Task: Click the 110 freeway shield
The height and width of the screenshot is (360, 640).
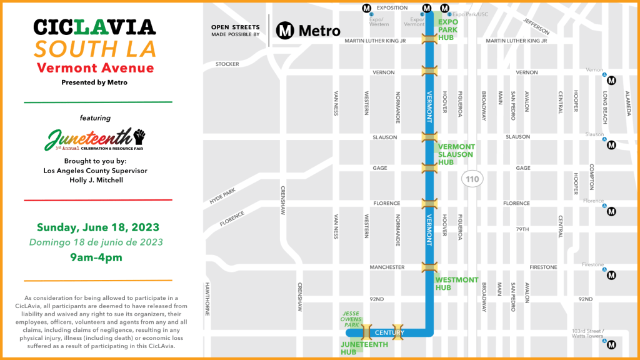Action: tap(472, 179)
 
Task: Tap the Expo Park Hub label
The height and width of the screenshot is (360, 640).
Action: tap(447, 29)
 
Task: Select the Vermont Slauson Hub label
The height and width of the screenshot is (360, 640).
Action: tap(456, 154)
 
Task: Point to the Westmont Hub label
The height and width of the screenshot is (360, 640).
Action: tap(456, 284)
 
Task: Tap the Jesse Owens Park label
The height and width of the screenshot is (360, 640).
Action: tap(350, 319)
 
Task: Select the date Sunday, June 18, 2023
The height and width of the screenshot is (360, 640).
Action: tap(97, 227)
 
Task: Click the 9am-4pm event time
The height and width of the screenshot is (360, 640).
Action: tap(96, 257)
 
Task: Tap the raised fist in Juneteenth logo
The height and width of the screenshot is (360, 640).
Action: tap(139, 134)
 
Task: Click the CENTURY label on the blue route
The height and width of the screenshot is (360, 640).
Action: tap(389, 332)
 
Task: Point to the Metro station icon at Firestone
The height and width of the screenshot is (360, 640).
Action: tap(612, 275)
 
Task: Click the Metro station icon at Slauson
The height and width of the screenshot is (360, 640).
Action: tap(612, 145)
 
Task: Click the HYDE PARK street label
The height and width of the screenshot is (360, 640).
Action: tap(223, 195)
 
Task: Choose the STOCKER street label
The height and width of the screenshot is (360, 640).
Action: tap(227, 64)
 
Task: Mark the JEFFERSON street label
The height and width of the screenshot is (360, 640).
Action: tap(536, 26)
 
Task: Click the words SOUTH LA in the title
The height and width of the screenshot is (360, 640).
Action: tap(94, 48)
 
